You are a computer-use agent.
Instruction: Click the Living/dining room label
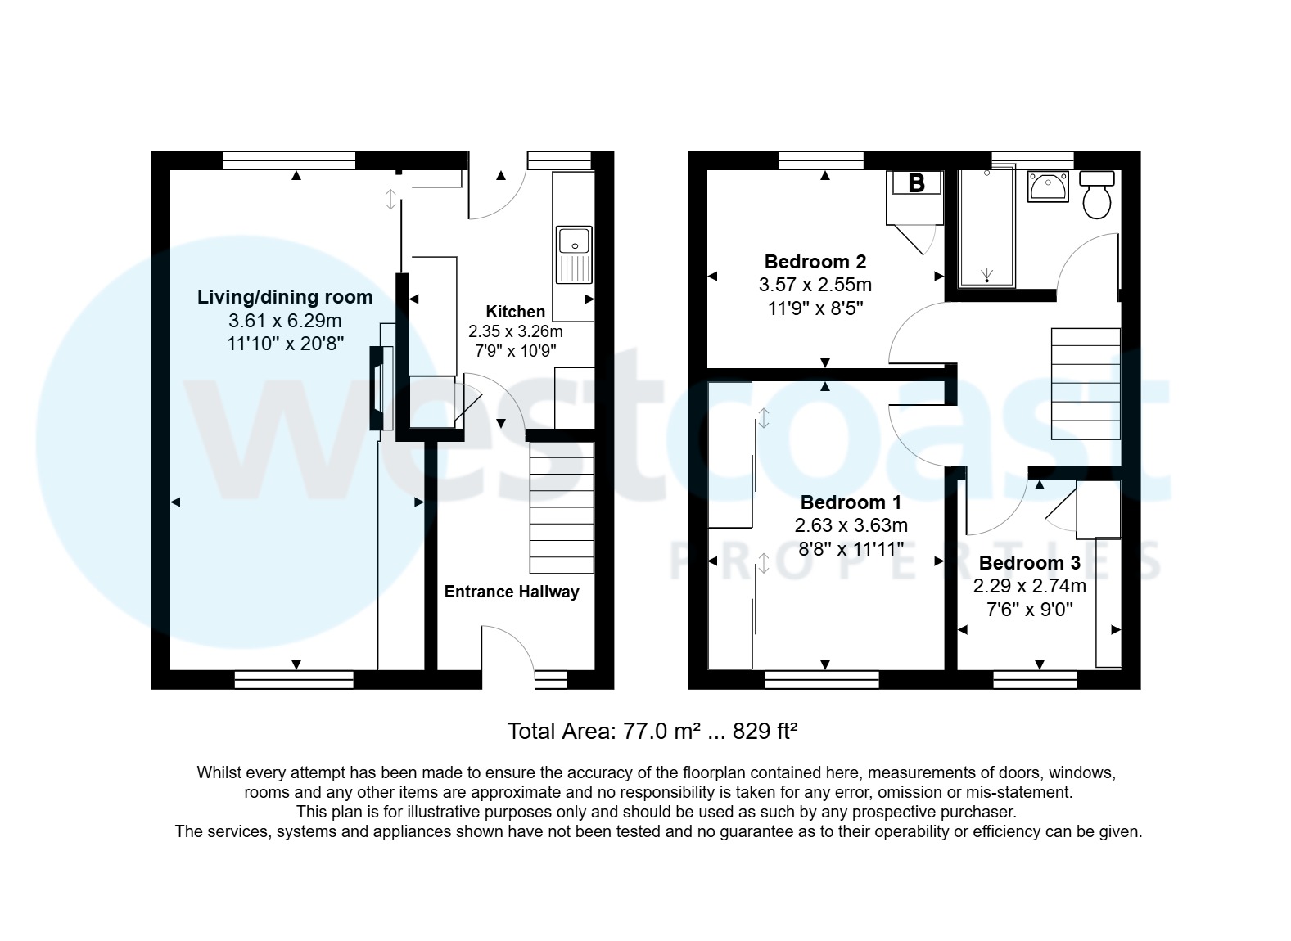tap(284, 297)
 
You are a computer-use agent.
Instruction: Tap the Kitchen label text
tap(515, 312)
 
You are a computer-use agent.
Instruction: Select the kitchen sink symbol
tap(574, 254)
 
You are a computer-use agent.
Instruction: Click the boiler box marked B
tap(916, 183)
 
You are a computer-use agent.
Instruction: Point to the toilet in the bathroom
tap(1097, 195)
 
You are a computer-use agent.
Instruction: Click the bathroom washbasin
tap(1047, 187)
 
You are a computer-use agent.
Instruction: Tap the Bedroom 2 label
tap(815, 262)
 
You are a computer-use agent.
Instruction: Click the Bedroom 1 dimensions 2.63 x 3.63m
tap(851, 525)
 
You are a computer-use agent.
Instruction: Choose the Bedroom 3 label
tap(1029, 563)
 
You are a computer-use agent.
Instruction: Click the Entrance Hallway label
tap(511, 592)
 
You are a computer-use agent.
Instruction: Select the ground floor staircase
tap(562, 507)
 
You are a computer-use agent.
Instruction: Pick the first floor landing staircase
tap(1085, 383)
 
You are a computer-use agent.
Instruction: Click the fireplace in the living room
tap(379, 387)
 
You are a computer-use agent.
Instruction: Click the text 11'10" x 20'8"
tap(284, 344)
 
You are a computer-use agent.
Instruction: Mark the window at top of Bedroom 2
tap(821, 160)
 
